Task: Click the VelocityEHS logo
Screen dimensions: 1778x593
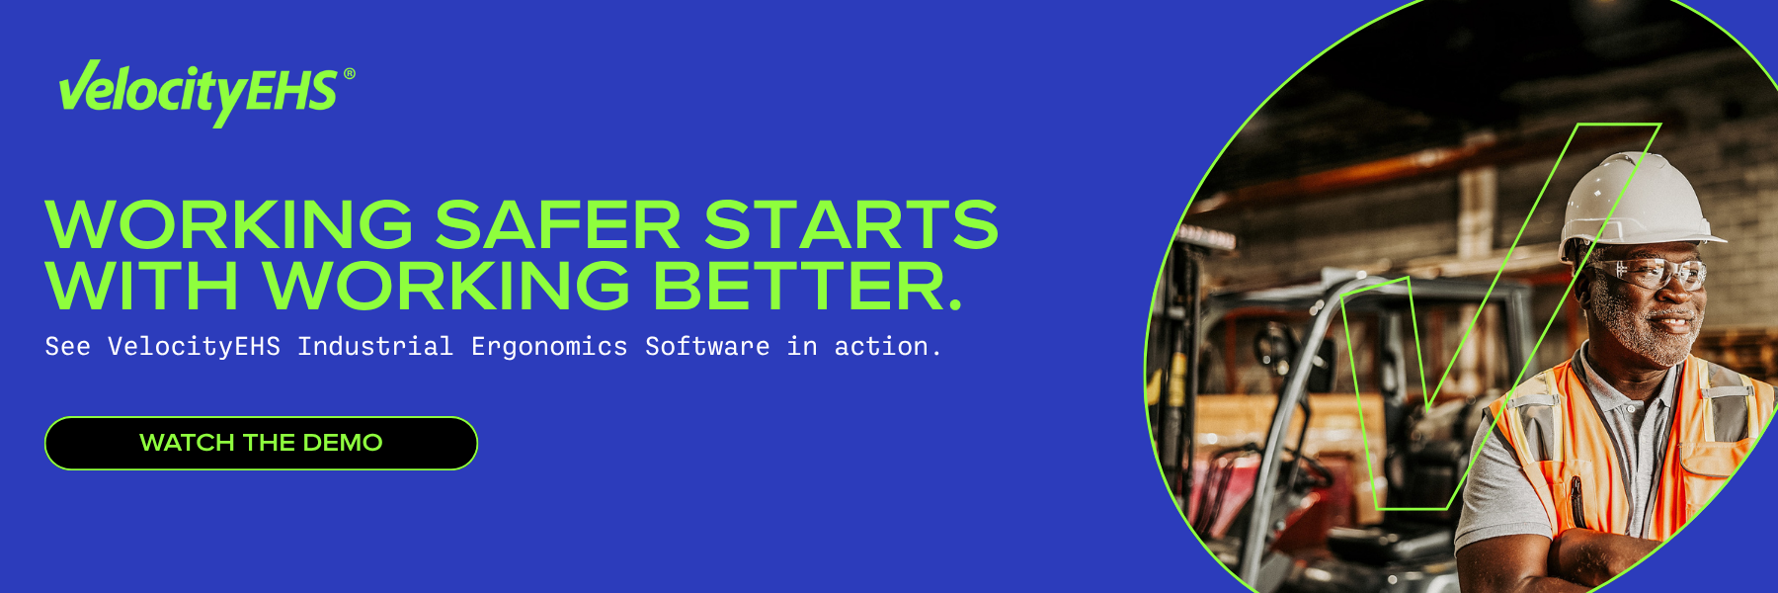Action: pyautogui.click(x=206, y=92)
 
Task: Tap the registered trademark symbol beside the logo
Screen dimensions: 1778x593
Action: pyautogui.click(x=349, y=74)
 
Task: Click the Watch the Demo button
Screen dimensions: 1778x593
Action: pyautogui.click(x=261, y=443)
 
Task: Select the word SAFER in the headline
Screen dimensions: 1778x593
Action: pyautogui.click(x=558, y=224)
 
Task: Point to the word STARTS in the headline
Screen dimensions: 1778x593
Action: pyautogui.click(x=851, y=224)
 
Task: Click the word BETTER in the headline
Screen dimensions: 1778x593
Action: pyautogui.click(x=808, y=286)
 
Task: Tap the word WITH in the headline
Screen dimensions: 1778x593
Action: pyautogui.click(x=142, y=286)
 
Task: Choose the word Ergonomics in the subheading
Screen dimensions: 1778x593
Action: pyautogui.click(x=549, y=347)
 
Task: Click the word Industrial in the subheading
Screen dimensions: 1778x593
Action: pyautogui.click(x=375, y=346)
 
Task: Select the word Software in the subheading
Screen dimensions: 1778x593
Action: pyautogui.click(x=707, y=346)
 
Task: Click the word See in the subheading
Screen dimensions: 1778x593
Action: pyautogui.click(x=67, y=346)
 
